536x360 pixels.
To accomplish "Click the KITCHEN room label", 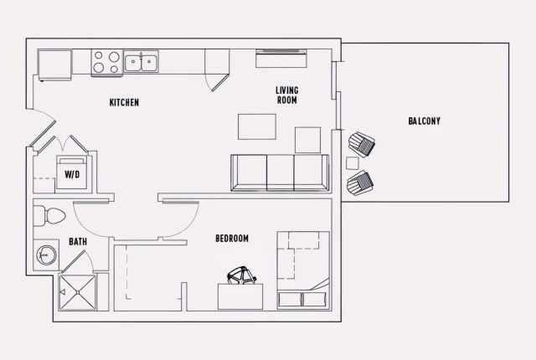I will [x=124, y=103].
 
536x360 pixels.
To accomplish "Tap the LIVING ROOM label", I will [x=287, y=95].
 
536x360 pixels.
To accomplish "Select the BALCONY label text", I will [x=425, y=121].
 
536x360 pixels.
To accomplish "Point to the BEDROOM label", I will [x=232, y=239].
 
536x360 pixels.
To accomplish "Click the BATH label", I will [x=78, y=242].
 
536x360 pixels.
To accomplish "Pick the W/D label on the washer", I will [x=72, y=175].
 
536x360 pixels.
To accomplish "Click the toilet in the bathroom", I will [x=50, y=216].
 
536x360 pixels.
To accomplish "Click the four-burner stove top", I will [x=106, y=63].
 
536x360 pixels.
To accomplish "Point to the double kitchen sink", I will [x=142, y=62].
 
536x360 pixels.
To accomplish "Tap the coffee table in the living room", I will [x=257, y=126].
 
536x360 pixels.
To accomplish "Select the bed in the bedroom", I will [x=302, y=270].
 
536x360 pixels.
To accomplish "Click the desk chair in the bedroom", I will [x=241, y=275].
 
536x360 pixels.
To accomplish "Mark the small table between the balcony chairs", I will [x=353, y=162].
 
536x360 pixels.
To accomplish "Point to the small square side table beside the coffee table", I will [x=307, y=140].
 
